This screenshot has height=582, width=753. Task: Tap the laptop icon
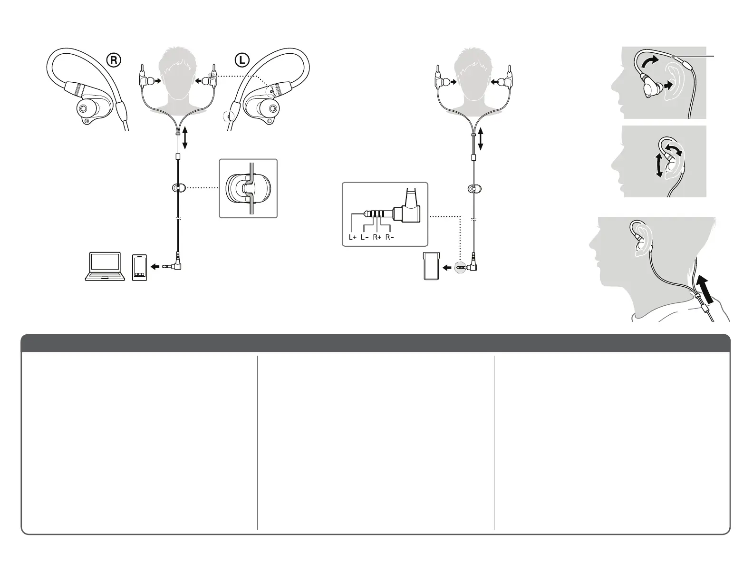105,266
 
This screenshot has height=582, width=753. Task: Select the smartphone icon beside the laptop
140,267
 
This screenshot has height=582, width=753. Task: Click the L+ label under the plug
352,237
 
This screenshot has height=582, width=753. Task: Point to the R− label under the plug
390,237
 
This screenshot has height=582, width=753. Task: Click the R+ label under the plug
377,237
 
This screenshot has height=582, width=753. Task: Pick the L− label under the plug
365,237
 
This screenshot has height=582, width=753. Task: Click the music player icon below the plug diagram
430,267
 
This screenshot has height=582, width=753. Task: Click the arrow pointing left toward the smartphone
155,267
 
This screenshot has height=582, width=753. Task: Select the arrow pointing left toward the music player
447,268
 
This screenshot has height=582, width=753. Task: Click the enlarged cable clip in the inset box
248,188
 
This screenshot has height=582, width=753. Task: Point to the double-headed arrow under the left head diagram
184,138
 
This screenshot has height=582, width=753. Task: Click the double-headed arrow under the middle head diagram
481,138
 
